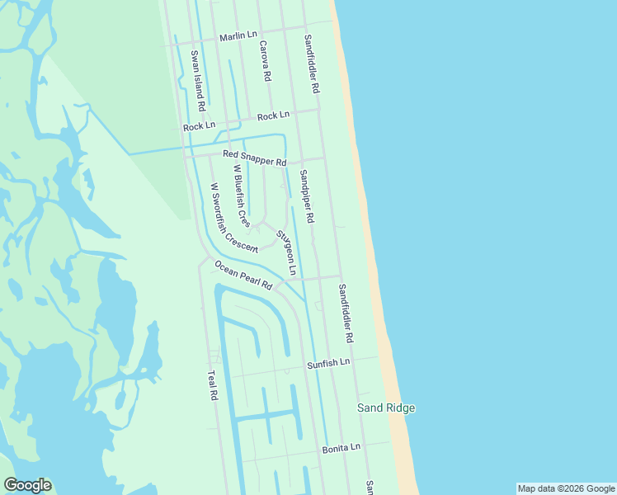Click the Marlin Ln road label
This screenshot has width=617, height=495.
tap(238, 36)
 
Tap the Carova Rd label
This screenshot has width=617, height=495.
tap(265, 61)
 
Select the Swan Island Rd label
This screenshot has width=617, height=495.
tap(197, 81)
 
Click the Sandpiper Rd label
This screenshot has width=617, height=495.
tap(307, 196)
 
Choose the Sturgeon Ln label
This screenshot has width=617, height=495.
tap(286, 252)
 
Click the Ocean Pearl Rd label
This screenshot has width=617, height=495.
tap(243, 276)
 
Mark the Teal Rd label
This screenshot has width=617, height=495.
tap(212, 385)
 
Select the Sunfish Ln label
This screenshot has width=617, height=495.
tap(328, 363)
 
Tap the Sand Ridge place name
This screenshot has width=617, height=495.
tap(385, 408)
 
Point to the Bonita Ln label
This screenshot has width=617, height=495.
tap(341, 447)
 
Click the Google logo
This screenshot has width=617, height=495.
tap(28, 485)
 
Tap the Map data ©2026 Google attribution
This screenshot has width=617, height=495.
tap(566, 488)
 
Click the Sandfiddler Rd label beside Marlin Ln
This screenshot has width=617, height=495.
tap(311, 63)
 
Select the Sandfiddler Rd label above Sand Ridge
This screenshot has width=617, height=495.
tap(346, 313)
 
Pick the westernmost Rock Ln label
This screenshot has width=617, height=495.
tap(199, 126)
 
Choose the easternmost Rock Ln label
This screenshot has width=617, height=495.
tap(273, 115)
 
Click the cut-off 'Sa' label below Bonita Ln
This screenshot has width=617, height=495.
tap(370, 487)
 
